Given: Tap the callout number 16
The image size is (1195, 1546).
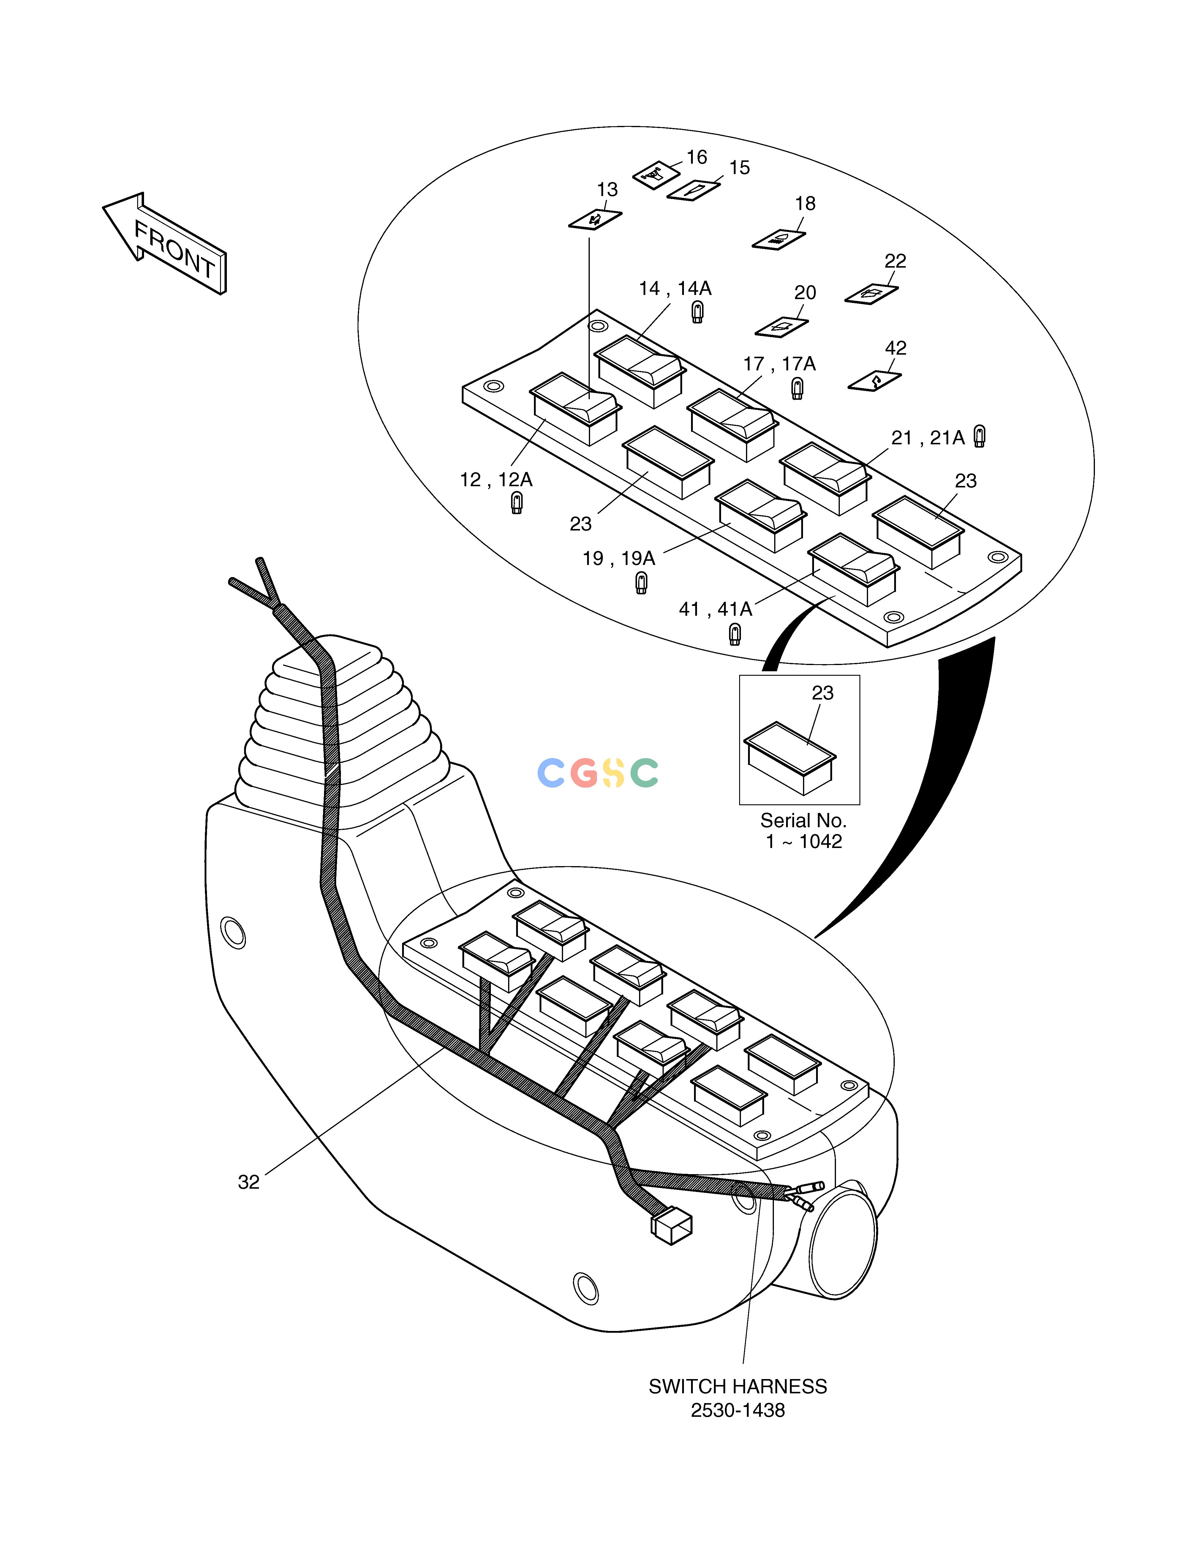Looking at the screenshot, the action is pos(697,157).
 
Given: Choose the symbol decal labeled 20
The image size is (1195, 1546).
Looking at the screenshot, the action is pos(782,327).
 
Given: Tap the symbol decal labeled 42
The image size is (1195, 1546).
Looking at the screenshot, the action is pos(875,381).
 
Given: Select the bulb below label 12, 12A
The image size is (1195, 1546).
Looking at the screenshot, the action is pos(517,503).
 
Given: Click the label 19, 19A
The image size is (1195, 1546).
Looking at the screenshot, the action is pos(619,558).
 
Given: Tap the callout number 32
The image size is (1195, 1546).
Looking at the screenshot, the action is pos(249,1182).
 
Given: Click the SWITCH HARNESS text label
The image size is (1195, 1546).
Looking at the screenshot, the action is pos(738,1387).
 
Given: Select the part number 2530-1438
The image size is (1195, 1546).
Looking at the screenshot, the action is pos(738,1411).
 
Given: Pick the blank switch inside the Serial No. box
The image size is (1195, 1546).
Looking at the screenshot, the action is pos(789,757).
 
